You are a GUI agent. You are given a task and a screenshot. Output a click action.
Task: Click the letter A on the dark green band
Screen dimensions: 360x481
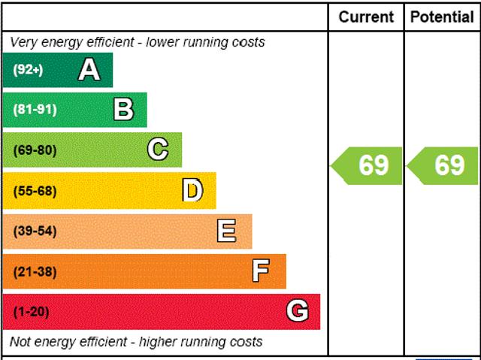89,70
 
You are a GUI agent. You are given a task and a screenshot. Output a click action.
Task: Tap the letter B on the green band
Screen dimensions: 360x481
123,110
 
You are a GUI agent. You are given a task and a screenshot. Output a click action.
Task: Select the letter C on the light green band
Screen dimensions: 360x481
158,150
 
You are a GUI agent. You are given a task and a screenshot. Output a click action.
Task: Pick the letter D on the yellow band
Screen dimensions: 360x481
193,191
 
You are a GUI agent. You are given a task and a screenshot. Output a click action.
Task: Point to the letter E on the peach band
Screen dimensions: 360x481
226,231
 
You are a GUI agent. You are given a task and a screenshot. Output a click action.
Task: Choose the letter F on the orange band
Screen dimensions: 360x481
261,271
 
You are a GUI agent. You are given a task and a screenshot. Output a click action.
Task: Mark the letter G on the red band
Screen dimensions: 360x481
298,310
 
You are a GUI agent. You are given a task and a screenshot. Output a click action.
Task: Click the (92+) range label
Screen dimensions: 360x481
28,71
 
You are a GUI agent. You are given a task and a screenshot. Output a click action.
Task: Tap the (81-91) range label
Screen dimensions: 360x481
35,110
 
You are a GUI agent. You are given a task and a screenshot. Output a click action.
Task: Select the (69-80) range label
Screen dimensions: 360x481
35,150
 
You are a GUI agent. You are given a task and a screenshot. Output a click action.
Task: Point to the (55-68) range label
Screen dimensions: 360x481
35,191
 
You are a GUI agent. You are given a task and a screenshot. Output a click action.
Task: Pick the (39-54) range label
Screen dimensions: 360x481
35,231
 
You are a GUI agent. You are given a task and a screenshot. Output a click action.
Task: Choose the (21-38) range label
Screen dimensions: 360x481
35,271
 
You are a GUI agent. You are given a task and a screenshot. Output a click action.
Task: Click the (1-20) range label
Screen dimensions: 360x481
31,311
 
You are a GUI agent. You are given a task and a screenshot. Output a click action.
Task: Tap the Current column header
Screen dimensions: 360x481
366,17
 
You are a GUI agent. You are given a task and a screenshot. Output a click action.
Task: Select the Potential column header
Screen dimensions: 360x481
443,17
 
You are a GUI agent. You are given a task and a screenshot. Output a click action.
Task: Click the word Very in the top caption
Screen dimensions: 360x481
23,42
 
